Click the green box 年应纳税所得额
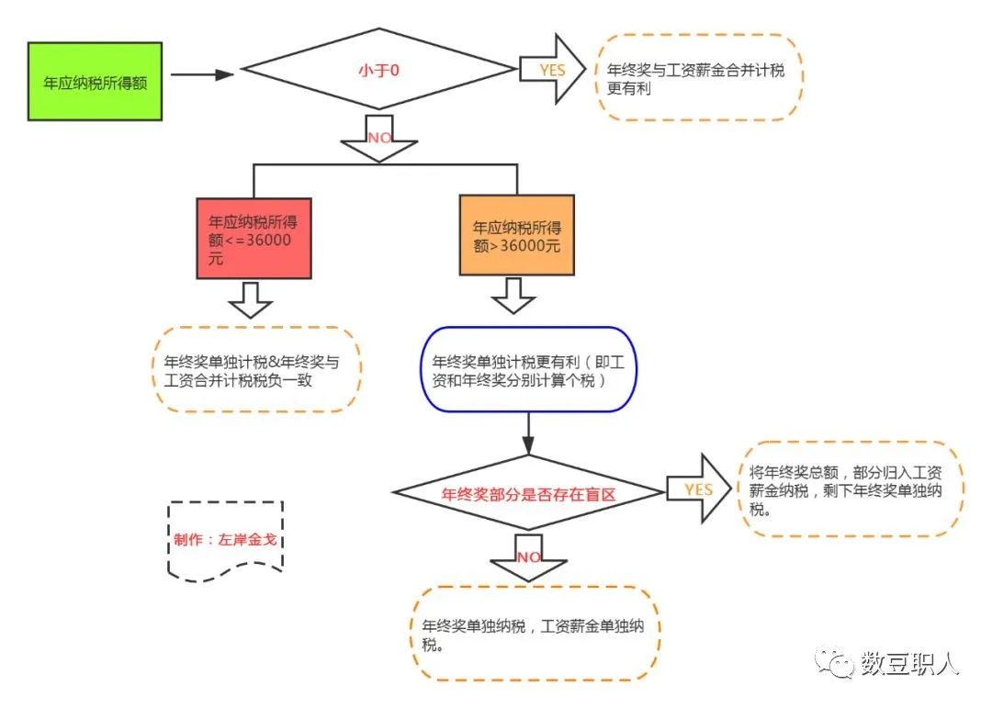click(96, 81)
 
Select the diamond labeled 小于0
click(378, 71)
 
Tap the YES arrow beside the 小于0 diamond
click(552, 70)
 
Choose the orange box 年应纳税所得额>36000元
click(516, 235)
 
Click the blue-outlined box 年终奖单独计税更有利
click(529, 370)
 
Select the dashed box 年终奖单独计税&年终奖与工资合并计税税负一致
click(256, 369)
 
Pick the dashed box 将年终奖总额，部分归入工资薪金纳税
click(851, 489)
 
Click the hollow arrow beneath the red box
click(250, 299)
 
